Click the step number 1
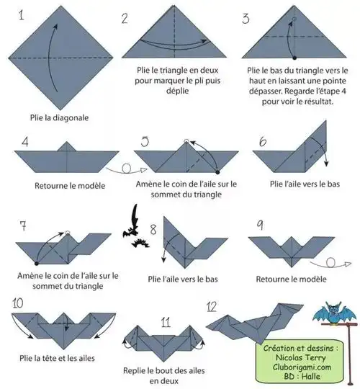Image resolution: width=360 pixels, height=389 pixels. pyautogui.click(x=22, y=15)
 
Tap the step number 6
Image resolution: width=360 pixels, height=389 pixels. pyautogui.click(x=263, y=142)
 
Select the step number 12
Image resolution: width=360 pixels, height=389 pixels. pyautogui.click(x=212, y=307)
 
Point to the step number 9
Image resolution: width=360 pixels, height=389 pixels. pyautogui.click(x=260, y=225)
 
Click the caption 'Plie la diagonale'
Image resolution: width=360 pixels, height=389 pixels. pyautogui.click(x=59, y=117)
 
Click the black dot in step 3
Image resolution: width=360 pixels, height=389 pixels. pyautogui.click(x=294, y=58)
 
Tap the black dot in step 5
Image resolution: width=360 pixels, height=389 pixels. pyautogui.click(x=217, y=172)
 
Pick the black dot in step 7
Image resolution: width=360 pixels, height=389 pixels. pyautogui.click(x=37, y=264)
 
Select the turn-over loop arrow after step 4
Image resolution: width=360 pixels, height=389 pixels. pyautogui.click(x=127, y=169)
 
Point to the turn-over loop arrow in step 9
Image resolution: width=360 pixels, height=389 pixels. pyautogui.click(x=330, y=264)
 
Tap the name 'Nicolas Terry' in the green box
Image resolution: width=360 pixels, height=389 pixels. pyautogui.click(x=301, y=357)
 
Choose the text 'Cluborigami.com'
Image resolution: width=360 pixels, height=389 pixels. pyautogui.click(x=302, y=367)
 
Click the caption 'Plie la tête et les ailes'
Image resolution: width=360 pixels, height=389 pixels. pyautogui.click(x=58, y=358)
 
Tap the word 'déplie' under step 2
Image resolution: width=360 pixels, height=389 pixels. pyautogui.click(x=178, y=91)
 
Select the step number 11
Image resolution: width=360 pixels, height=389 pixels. pyautogui.click(x=166, y=322)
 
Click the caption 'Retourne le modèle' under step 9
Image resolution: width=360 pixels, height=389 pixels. pyautogui.click(x=291, y=279)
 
